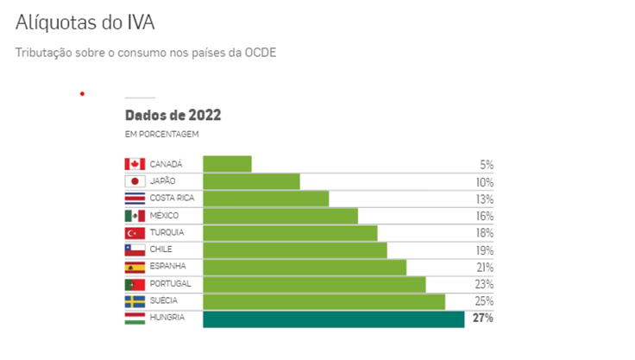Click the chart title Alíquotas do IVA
tap(85, 22)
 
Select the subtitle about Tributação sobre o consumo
tap(146, 53)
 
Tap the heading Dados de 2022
tap(173, 115)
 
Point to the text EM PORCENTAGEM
tap(161, 134)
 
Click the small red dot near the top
tap(82, 94)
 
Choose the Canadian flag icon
tap(135, 164)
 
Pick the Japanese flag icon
tap(135, 181)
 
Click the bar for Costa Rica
tap(266, 199)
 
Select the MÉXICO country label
tap(164, 216)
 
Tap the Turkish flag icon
tap(135, 233)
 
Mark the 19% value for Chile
tap(485, 250)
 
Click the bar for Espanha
tap(305, 268)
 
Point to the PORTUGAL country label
tap(170, 284)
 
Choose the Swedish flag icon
tap(135, 301)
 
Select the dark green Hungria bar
tap(334, 319)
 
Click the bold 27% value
tap(483, 318)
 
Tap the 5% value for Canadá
tap(487, 165)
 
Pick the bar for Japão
tap(251, 181)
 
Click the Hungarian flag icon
tap(135, 319)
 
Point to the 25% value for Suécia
tap(484, 301)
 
